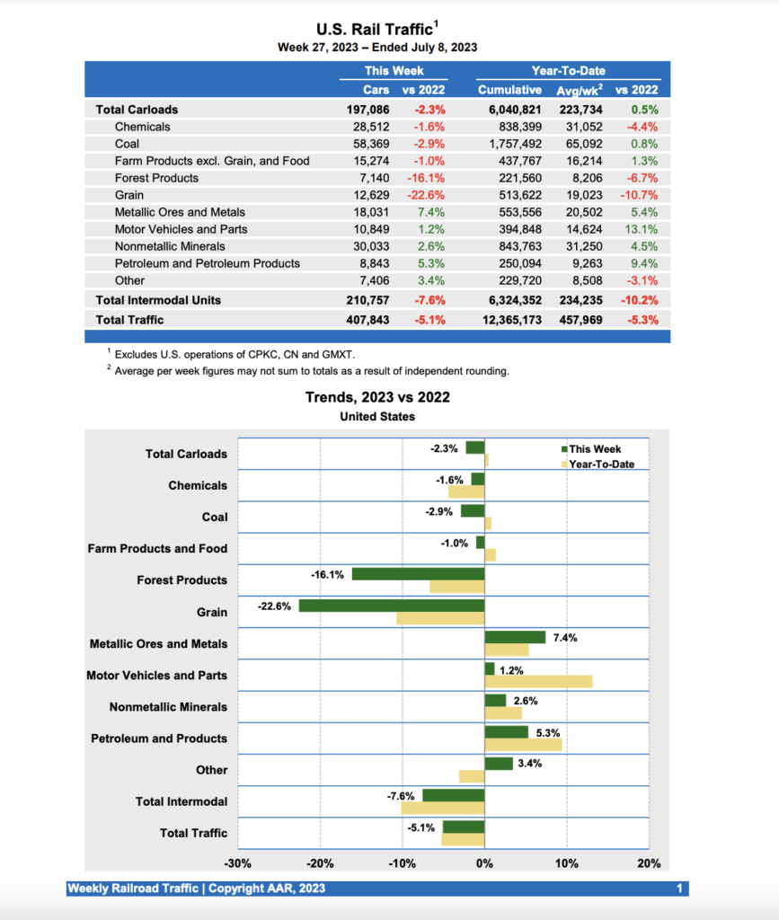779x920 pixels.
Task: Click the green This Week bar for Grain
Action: point(391,606)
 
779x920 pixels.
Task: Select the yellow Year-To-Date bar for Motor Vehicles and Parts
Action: point(537,681)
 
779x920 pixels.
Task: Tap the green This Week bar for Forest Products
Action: point(418,574)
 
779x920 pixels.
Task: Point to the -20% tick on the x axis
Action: point(320,863)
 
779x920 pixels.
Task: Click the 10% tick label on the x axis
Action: point(567,863)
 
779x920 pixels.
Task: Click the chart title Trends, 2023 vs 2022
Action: point(377,397)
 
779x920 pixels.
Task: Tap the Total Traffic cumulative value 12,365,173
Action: point(509,319)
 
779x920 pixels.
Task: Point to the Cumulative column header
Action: point(509,90)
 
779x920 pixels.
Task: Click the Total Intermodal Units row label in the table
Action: point(158,300)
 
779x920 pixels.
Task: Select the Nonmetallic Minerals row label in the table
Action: point(171,246)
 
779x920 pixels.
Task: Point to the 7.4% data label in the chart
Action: point(565,638)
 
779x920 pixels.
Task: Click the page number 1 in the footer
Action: point(680,889)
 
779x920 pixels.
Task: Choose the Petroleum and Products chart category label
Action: point(159,739)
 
